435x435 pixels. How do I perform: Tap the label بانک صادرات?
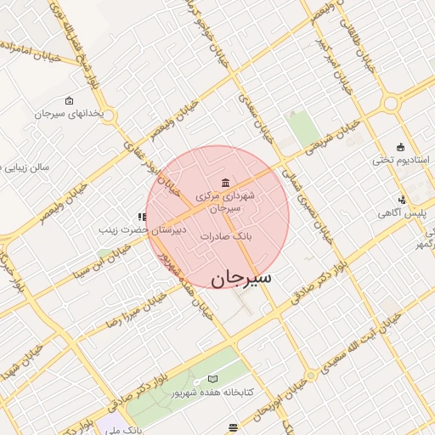click(x=228, y=236)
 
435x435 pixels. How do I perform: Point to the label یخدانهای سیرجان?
click(x=70, y=113)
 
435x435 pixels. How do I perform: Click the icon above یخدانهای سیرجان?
click(x=70, y=100)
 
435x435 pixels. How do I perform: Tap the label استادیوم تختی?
click(x=402, y=160)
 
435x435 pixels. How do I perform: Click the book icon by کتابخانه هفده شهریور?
click(x=212, y=378)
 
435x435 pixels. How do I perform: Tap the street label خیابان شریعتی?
click(x=326, y=143)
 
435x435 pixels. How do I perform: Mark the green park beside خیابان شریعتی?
click(x=302, y=127)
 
